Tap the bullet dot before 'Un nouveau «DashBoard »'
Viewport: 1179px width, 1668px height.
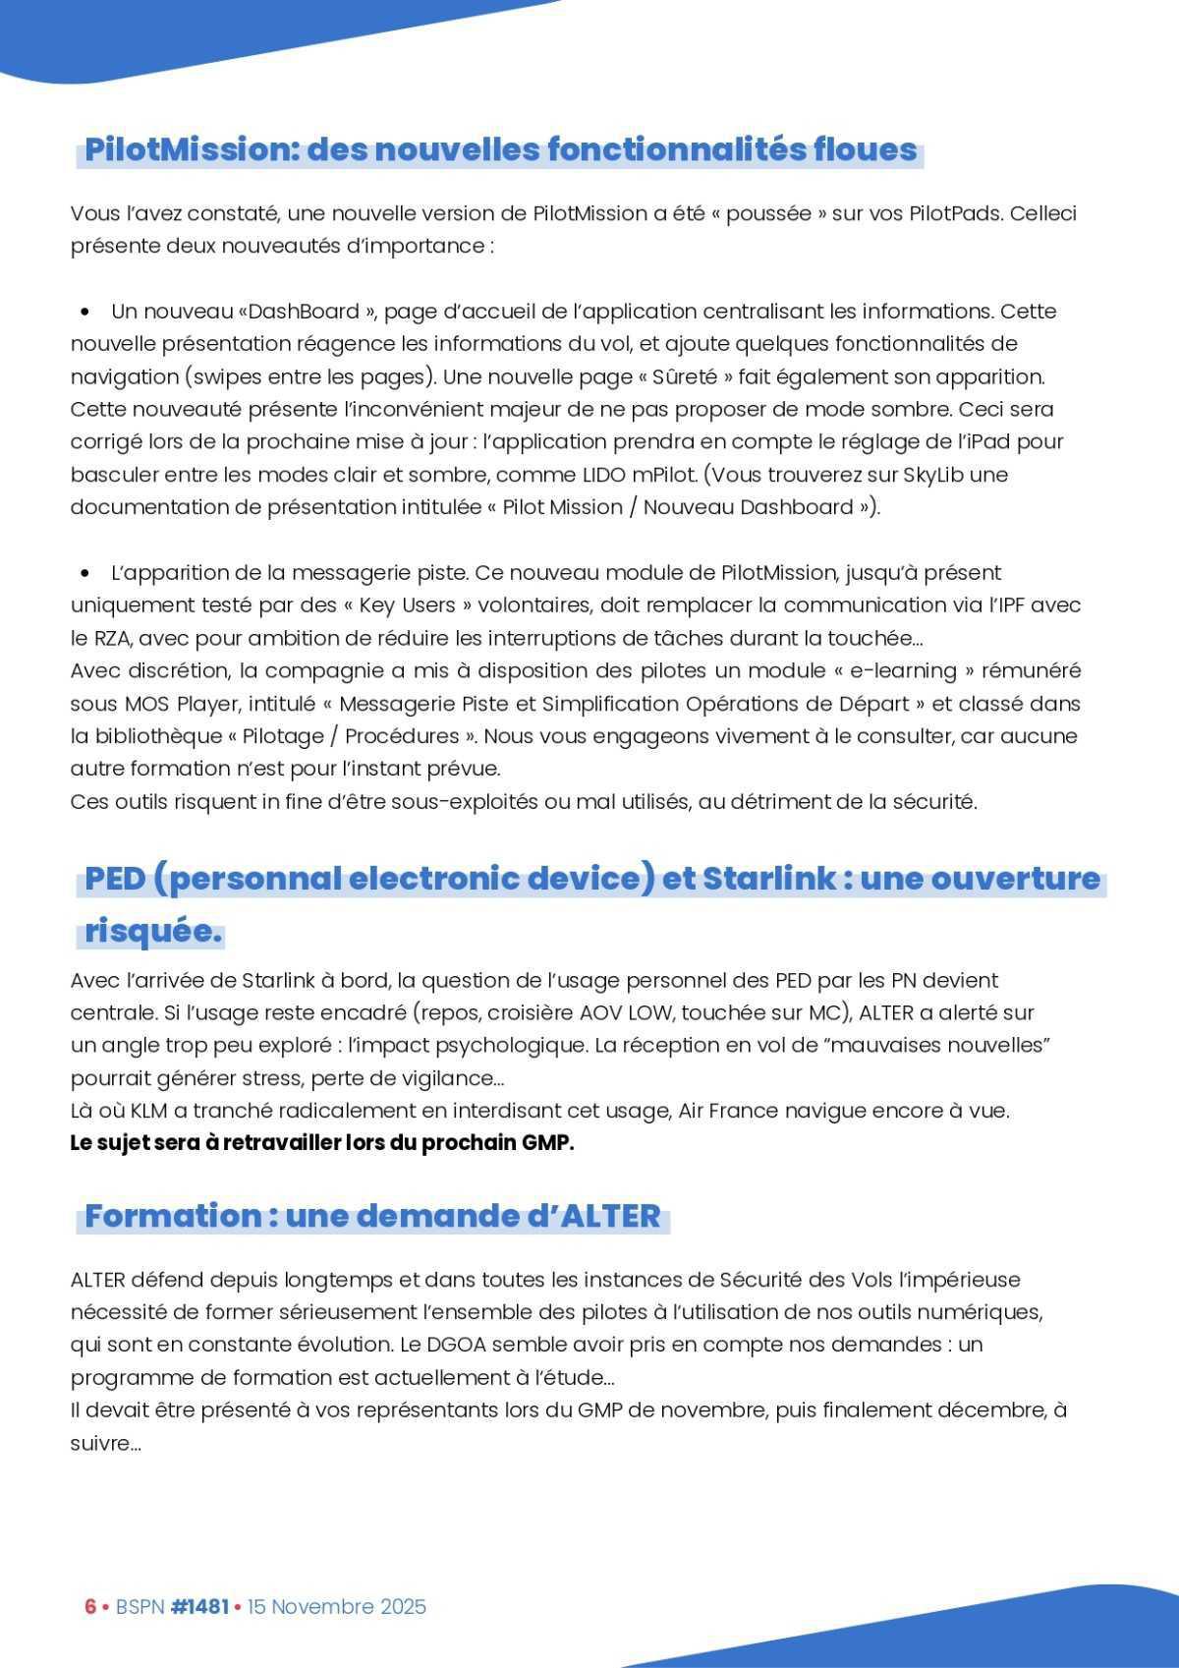(x=86, y=313)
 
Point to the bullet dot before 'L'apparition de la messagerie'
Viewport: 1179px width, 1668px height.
(x=86, y=574)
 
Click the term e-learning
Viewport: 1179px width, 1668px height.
(x=874, y=671)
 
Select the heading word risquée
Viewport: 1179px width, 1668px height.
(x=153, y=930)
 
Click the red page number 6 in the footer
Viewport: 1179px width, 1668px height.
(x=90, y=1606)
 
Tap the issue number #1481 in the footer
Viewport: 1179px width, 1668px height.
(x=199, y=1606)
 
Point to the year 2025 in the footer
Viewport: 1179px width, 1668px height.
(x=403, y=1606)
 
